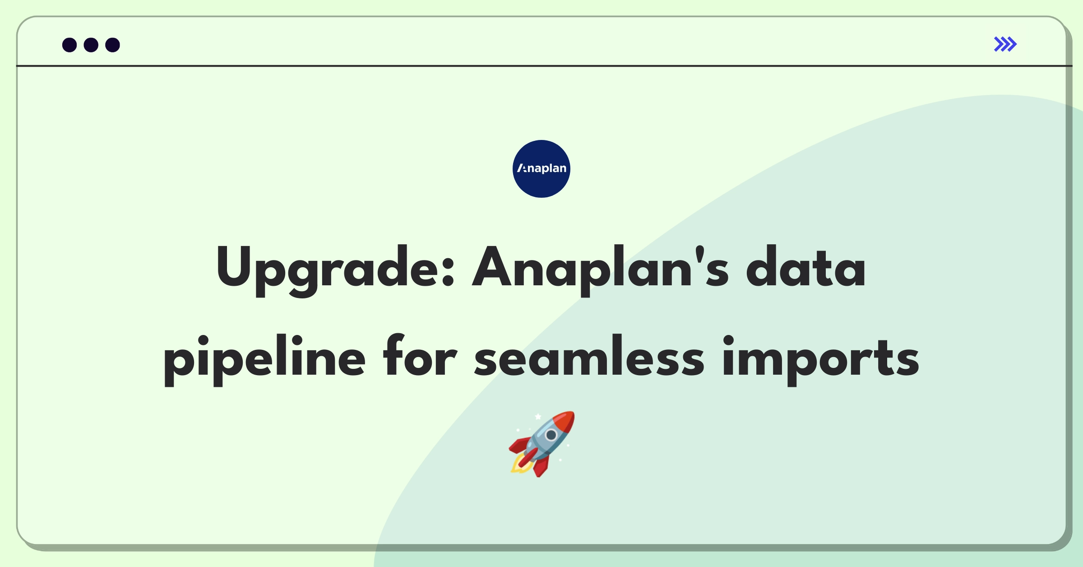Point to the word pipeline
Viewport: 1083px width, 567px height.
pos(264,359)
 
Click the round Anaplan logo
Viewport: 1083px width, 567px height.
pos(541,169)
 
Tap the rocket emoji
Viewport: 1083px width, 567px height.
pos(542,443)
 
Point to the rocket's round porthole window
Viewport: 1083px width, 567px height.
pos(551,435)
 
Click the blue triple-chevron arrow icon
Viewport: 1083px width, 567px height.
pos(1005,44)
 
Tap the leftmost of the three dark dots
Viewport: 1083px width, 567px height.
pos(69,45)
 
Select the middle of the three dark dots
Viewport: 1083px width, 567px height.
pos(91,45)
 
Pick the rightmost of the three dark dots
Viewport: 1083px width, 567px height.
pos(112,45)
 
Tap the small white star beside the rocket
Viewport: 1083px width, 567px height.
pos(538,416)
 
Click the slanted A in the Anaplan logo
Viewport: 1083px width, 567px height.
pos(522,168)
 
